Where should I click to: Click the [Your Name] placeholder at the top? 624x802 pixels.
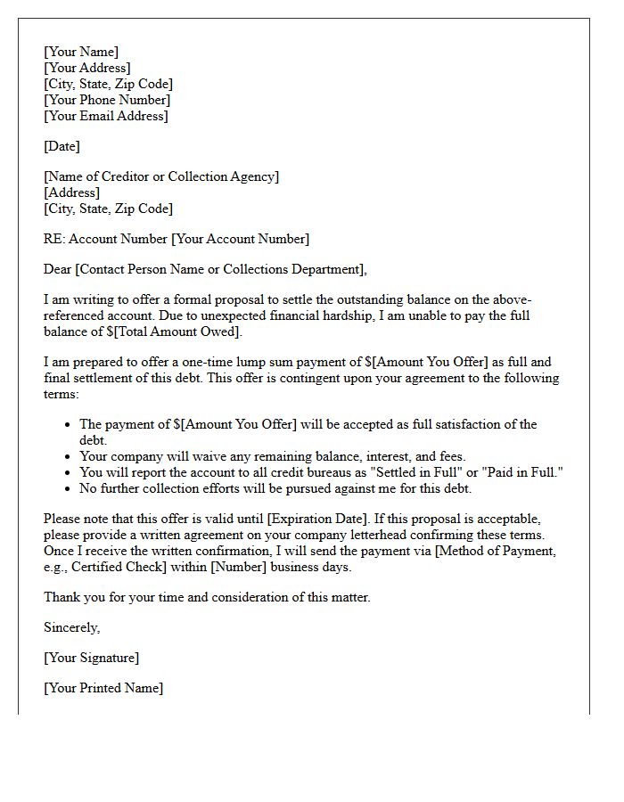81,52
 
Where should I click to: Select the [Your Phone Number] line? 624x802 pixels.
107,100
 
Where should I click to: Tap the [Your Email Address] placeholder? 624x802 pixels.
106,116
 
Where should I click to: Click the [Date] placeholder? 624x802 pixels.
62,146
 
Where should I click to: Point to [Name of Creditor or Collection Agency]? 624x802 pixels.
161,176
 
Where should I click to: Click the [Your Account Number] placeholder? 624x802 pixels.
240,239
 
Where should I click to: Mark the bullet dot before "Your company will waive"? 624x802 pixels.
69,456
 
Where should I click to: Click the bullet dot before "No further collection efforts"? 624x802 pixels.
69,488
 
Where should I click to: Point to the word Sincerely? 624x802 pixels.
72,627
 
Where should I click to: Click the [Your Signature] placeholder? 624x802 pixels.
91,658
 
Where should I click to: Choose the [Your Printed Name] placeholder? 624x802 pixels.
103,688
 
